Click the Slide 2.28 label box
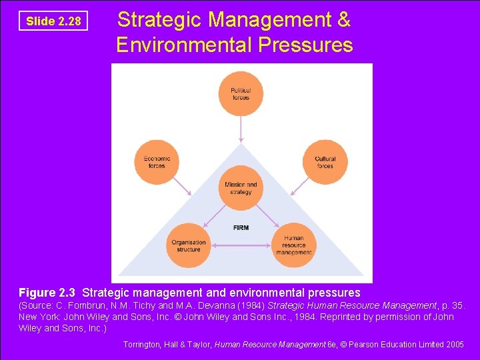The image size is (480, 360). point(53,21)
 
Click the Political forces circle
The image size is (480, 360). point(241,93)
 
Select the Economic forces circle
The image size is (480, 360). point(157,161)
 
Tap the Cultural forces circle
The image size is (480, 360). point(325,161)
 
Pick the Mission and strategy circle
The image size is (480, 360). point(241,188)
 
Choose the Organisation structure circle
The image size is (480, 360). point(189,245)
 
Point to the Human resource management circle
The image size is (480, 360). point(293,245)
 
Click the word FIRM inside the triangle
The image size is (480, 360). point(241,228)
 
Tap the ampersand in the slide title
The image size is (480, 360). point(343,20)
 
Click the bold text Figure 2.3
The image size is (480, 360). point(48,293)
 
